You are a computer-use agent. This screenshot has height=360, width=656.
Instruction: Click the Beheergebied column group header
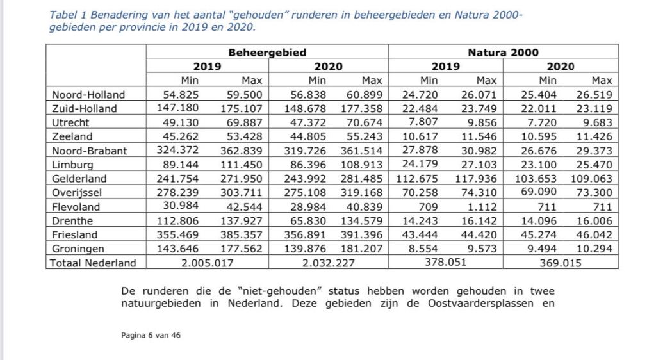point(267,53)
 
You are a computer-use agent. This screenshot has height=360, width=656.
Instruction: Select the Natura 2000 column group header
point(503,53)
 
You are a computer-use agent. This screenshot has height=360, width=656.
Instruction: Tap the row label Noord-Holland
point(88,95)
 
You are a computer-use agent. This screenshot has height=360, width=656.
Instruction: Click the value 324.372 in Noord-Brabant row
point(177,151)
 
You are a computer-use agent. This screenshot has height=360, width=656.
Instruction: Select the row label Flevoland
point(76,207)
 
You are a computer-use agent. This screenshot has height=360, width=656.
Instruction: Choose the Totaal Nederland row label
point(94,262)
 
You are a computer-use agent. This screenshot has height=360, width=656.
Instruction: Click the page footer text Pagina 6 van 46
point(151,334)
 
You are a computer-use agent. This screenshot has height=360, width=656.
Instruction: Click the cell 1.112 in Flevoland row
point(484,207)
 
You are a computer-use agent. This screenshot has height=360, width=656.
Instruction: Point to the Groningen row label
point(79,249)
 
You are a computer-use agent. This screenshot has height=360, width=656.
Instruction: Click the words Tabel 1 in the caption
point(67,15)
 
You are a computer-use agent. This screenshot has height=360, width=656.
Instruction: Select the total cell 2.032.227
point(328,262)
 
